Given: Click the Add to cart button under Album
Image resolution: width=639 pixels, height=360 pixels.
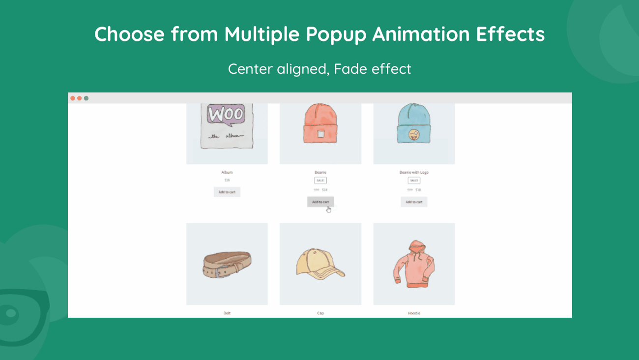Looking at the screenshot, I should click(227, 192).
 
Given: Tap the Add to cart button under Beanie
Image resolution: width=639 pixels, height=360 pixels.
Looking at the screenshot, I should click(320, 202).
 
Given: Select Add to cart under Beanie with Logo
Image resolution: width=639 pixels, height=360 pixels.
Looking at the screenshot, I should click(414, 202).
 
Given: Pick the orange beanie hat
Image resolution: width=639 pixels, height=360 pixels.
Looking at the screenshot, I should click(320, 124).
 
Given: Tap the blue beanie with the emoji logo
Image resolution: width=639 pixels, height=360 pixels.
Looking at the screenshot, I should click(414, 124).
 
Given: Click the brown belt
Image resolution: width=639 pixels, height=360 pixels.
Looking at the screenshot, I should click(227, 264).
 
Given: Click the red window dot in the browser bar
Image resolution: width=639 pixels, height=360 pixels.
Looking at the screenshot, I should click(73, 98).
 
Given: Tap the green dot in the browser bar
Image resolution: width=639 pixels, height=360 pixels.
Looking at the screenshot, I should click(86, 98).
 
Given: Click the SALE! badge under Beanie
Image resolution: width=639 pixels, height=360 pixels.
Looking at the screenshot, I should click(320, 180).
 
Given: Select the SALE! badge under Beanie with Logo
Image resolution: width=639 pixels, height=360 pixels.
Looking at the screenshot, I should click(414, 180).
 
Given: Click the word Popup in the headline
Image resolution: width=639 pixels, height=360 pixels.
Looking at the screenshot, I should click(336, 34).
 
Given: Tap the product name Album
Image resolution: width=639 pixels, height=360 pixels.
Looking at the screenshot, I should click(227, 172).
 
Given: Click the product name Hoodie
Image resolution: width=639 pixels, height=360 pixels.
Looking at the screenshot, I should click(414, 313).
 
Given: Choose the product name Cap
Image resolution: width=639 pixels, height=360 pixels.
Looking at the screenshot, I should click(320, 313).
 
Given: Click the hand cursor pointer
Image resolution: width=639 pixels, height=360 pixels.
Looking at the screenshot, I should click(328, 210).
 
